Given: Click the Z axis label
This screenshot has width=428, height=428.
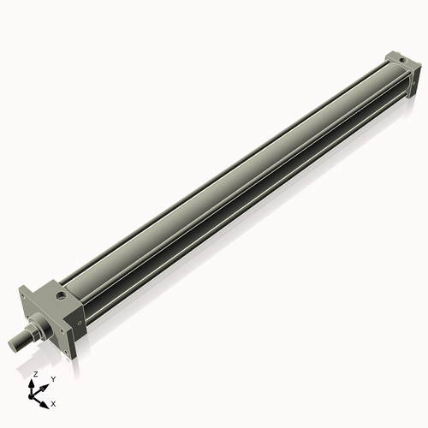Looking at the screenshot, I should (x=34, y=374).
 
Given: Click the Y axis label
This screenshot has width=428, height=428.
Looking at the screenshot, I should (x=53, y=379).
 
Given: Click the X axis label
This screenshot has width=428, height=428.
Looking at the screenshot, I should (x=53, y=402).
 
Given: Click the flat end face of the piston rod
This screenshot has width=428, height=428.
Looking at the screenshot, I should (x=13, y=343).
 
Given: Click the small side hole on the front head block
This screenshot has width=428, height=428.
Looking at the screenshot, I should (x=80, y=323).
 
